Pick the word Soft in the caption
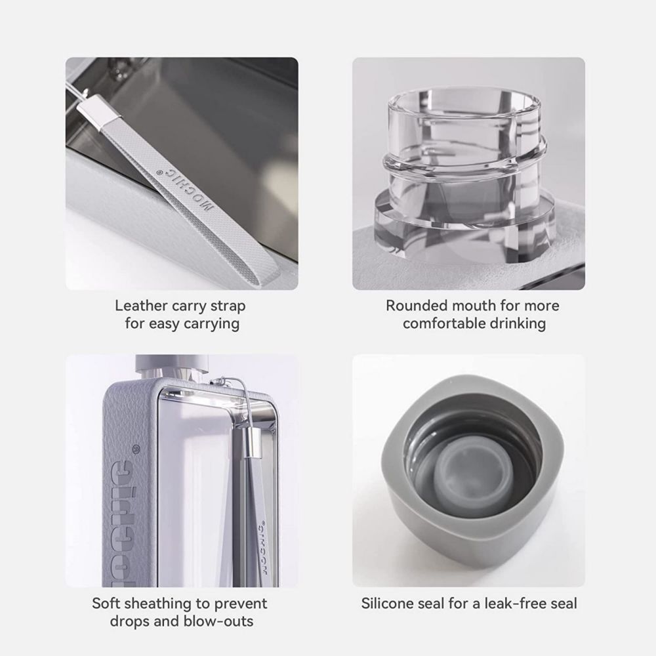106,603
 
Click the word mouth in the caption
475,306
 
